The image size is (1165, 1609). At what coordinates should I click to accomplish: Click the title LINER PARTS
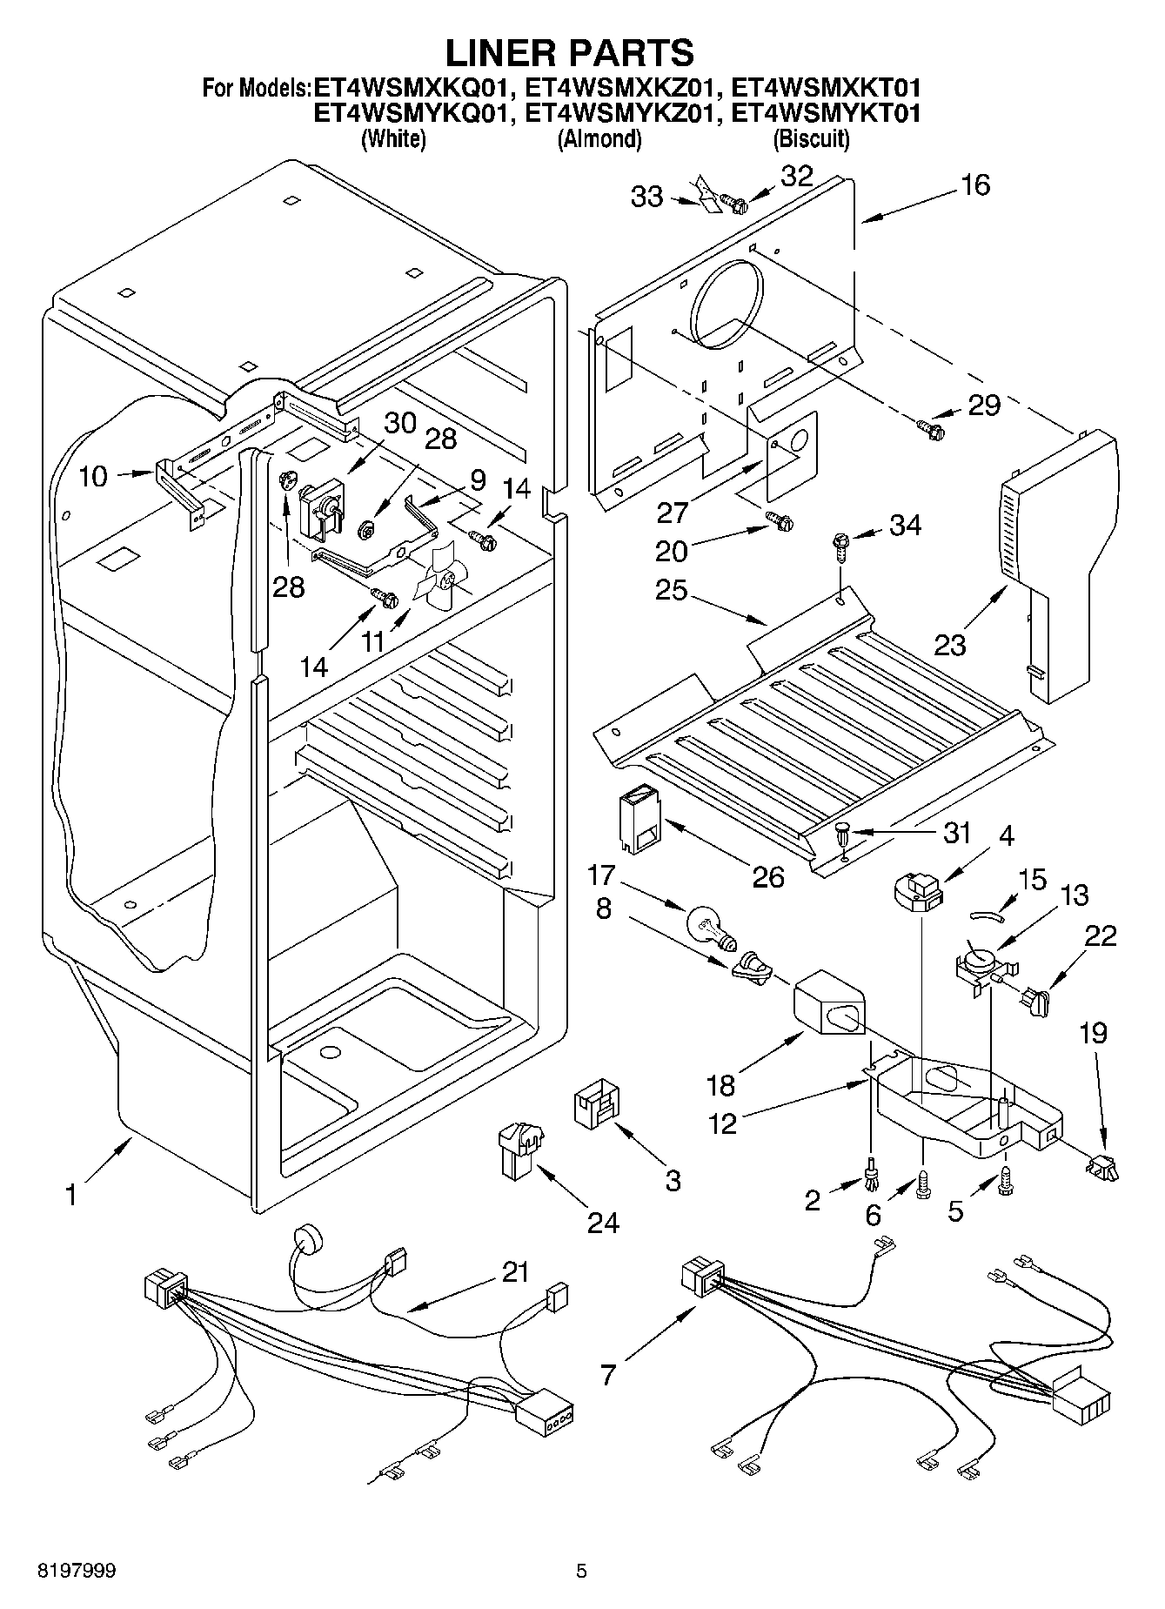tap(570, 53)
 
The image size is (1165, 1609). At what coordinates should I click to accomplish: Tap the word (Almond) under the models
tap(599, 138)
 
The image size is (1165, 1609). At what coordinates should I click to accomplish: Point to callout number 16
tap(976, 184)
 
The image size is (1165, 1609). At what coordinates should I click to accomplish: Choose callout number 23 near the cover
tap(951, 645)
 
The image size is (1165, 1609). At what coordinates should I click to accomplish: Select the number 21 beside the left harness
tap(515, 1272)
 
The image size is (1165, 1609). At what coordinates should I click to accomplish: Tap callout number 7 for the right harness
tap(607, 1374)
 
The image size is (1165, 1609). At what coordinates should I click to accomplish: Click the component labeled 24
tap(518, 1149)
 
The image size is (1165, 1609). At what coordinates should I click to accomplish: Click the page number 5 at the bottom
tap(581, 1571)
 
